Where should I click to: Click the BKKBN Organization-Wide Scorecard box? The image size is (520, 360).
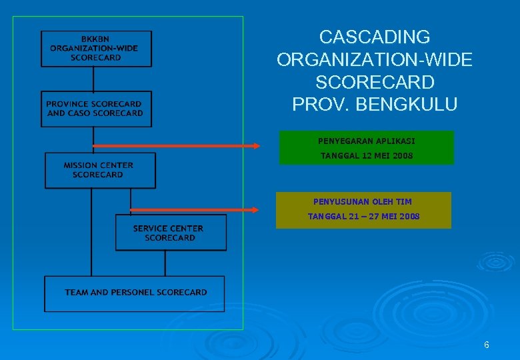tap(96, 48)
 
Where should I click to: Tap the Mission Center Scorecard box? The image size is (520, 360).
tap(100, 171)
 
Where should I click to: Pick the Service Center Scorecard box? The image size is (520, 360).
tap(171, 233)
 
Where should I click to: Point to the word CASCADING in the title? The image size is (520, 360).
tap(374, 37)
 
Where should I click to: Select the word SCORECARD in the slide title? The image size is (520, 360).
tap(374, 82)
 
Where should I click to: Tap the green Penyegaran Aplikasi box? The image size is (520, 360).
tap(366, 147)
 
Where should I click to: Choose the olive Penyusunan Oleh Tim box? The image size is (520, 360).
tap(363, 210)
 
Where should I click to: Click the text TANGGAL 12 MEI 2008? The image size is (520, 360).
tap(367, 156)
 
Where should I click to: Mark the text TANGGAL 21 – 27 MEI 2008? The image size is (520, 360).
tap(363, 217)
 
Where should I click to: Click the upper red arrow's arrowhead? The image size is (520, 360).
tap(256, 146)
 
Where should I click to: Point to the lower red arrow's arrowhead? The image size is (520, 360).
tap(253, 209)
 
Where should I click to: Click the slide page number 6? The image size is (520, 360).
tap(487, 345)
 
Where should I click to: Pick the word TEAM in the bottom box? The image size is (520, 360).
tap(76, 293)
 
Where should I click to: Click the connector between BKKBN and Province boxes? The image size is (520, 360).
tap(93, 79)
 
